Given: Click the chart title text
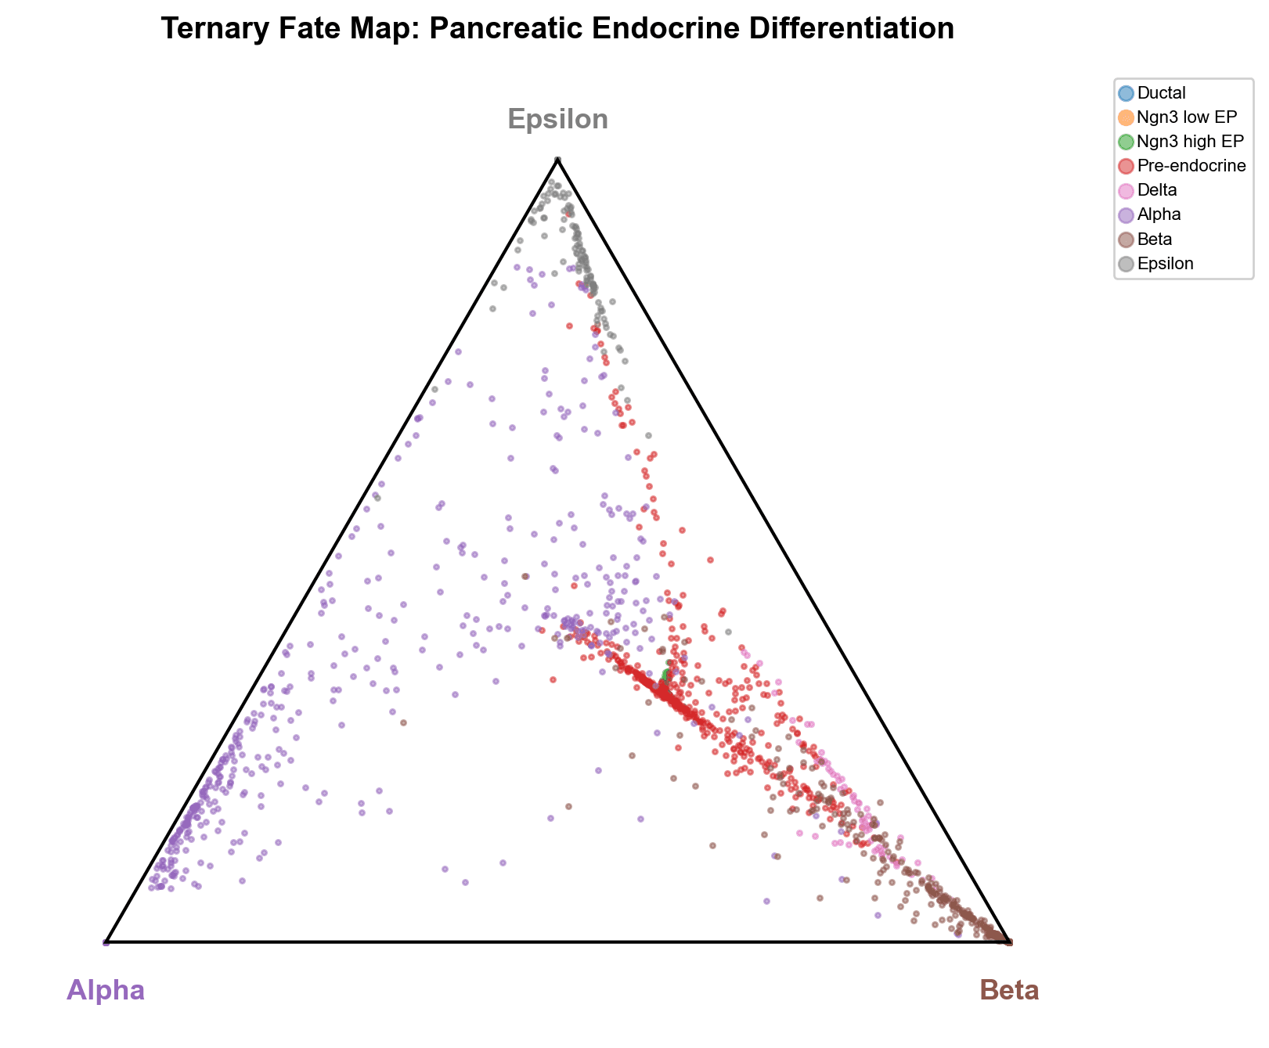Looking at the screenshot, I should pos(557,29).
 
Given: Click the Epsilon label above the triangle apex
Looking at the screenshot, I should pos(557,119).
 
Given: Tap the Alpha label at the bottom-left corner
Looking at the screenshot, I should pos(106,990).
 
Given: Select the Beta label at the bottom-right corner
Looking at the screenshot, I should pos(1009,990).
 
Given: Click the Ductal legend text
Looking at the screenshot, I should pos(1162,93).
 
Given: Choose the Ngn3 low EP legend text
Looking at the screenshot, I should pos(1187,117).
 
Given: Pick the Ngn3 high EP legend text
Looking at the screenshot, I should pos(1190,142).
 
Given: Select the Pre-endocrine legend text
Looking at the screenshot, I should pos(1191,166).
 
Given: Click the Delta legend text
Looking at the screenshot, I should pos(1157,190).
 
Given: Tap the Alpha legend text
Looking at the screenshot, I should pos(1159,214).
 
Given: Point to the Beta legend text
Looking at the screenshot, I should pos(1155,239).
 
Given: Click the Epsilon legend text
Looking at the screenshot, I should pos(1166,264).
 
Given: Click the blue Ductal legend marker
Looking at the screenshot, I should pos(1126,93).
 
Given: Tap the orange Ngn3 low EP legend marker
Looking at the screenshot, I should pos(1126,117).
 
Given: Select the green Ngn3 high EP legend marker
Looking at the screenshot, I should pos(1126,142).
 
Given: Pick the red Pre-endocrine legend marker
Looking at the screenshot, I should pos(1126,166).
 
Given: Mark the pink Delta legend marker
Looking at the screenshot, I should pos(1126,190).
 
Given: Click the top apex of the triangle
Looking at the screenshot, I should pos(557,159).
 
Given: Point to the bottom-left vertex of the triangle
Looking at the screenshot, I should pos(106,942).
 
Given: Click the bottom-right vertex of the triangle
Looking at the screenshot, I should pos(1009,942).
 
